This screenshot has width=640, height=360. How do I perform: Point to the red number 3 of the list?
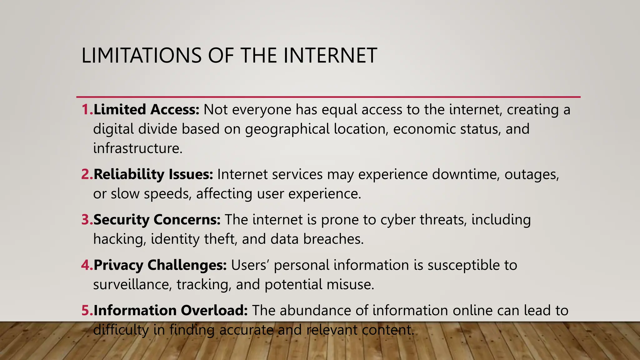[85, 220]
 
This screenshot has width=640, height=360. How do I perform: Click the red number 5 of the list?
[85, 311]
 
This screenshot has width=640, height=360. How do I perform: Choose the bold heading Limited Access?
[146, 110]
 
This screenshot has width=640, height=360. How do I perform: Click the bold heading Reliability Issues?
[153, 174]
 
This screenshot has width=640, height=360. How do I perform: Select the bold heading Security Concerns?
[157, 220]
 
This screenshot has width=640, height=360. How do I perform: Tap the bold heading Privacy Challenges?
[160, 265]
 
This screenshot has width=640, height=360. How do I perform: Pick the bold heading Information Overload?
[171, 311]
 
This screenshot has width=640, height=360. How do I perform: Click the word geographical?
[287, 129]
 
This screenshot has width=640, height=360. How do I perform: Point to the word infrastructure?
[137, 148]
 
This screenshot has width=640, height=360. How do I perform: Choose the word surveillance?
[132, 285]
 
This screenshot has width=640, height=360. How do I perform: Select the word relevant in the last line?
[331, 330]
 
